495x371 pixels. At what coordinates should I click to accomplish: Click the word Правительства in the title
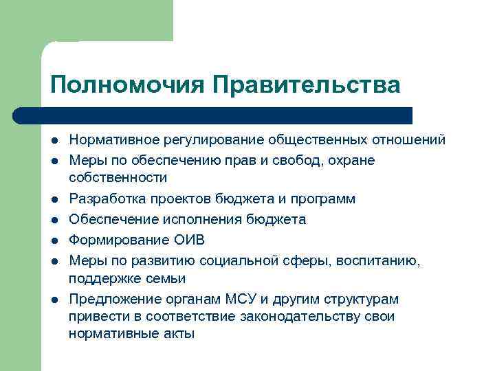point(305,85)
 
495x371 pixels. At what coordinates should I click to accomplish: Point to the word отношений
point(410,140)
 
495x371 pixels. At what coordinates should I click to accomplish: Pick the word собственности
point(118,178)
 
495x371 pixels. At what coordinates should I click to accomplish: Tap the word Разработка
point(102,199)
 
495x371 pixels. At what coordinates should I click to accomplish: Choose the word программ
point(323,199)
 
